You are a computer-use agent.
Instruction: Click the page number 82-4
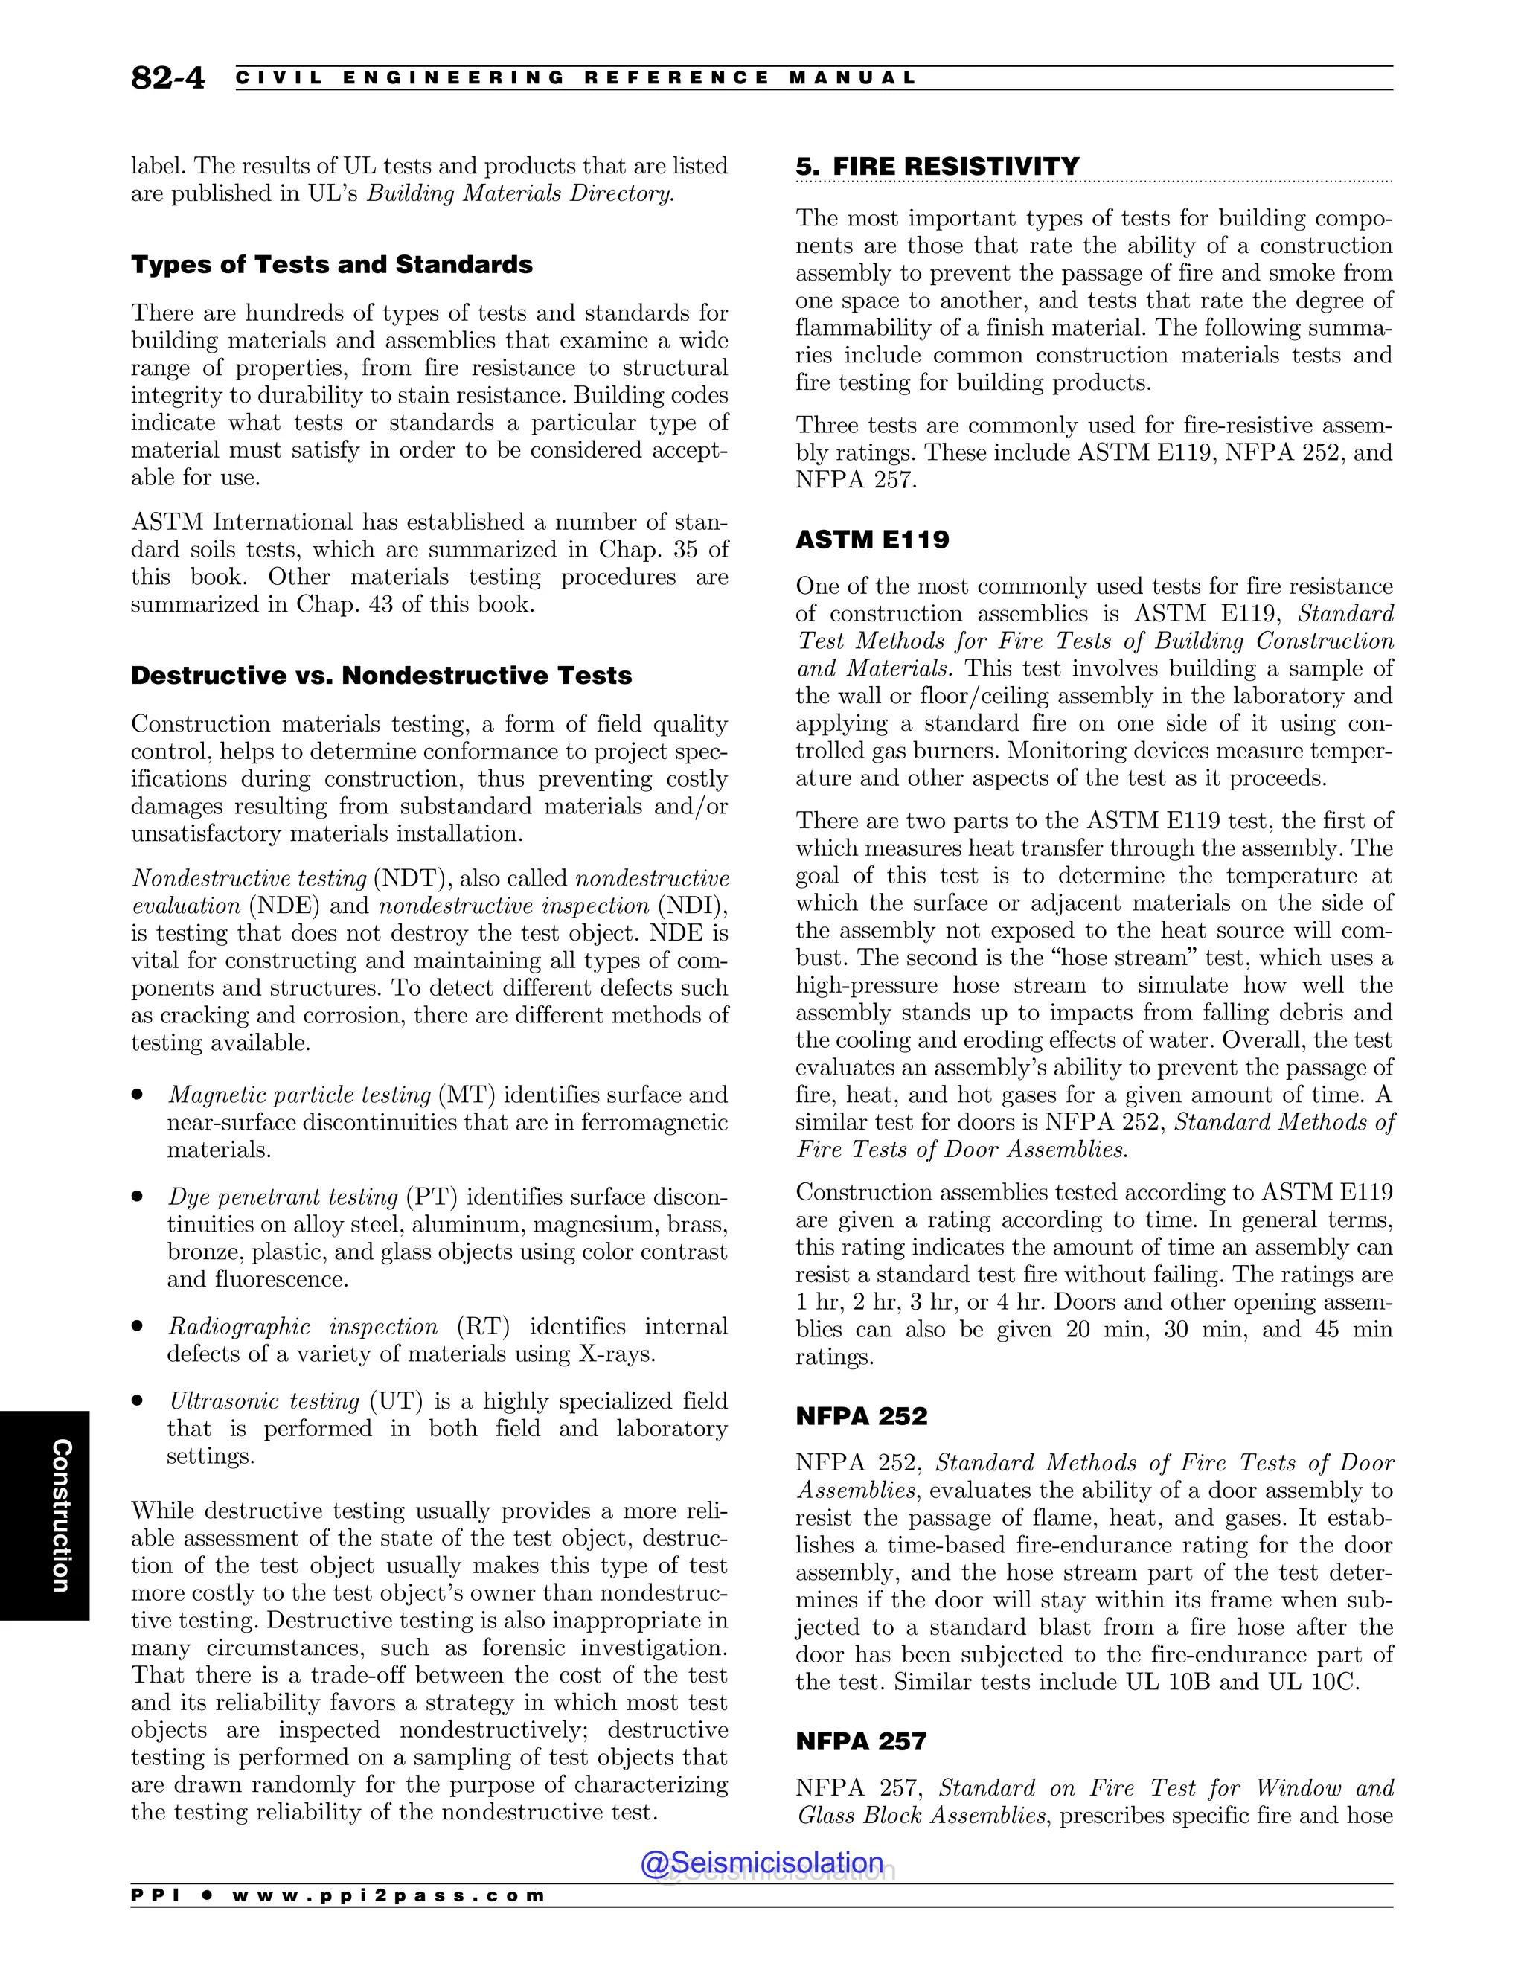pyautogui.click(x=168, y=79)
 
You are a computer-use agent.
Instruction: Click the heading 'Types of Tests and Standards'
pyautogui.click(x=331, y=265)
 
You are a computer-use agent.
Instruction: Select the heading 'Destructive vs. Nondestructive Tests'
pyautogui.click(x=381, y=676)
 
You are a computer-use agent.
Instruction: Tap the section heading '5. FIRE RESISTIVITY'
pyautogui.click(x=937, y=166)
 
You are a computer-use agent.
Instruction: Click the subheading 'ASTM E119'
pyautogui.click(x=872, y=540)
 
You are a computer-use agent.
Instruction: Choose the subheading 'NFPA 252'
pyautogui.click(x=861, y=1416)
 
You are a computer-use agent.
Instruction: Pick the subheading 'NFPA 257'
pyautogui.click(x=861, y=1741)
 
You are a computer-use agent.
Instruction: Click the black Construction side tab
pyautogui.click(x=45, y=1516)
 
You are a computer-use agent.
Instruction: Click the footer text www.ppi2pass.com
pyautogui.click(x=388, y=1896)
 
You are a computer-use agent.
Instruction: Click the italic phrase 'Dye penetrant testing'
pyautogui.click(x=283, y=1197)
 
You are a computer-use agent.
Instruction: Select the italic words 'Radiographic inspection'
pyautogui.click(x=302, y=1326)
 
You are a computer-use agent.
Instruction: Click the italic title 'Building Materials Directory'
pyautogui.click(x=520, y=193)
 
